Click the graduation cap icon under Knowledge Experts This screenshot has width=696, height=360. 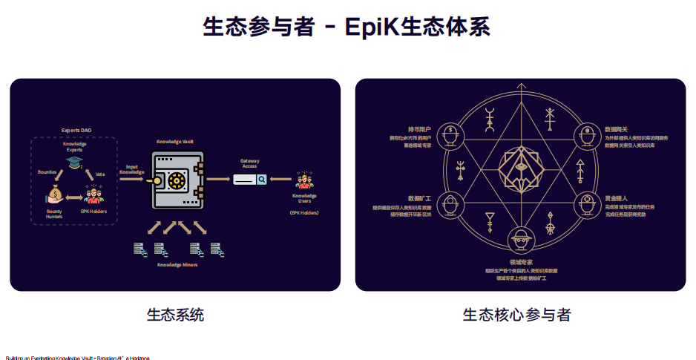pos(74,162)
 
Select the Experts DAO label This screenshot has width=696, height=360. pos(76,131)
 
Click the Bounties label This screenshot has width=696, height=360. pos(47,171)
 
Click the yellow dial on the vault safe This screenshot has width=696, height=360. pos(177,180)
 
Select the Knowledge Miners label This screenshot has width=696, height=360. pos(177,264)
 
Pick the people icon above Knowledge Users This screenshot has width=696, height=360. pos(303,180)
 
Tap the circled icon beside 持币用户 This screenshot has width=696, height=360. pos(452,136)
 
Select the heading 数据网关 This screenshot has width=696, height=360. pos(616,129)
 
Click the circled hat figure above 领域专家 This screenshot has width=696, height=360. pos(520,239)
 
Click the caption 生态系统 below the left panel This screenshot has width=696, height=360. pos(175,315)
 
